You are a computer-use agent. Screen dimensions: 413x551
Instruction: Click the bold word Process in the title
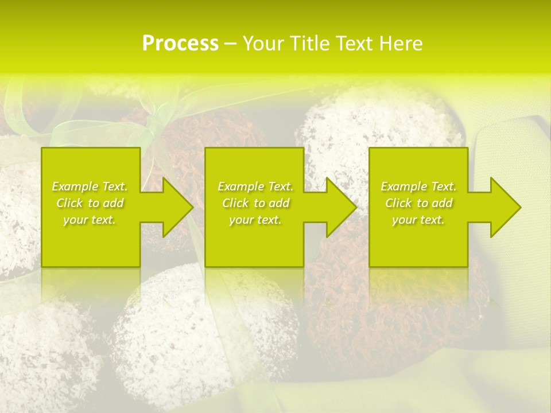pyautogui.click(x=180, y=44)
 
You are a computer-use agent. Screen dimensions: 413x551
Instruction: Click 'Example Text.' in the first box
pyautogui.click(x=90, y=186)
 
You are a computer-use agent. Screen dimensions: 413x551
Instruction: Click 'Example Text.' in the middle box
pyautogui.click(x=255, y=186)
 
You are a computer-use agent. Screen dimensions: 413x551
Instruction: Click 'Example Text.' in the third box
pyautogui.click(x=418, y=186)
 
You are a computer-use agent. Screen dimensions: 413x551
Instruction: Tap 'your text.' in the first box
pyautogui.click(x=90, y=220)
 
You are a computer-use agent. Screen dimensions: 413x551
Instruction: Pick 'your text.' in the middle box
pyautogui.click(x=255, y=220)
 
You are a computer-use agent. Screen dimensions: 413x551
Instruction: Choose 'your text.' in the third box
pyautogui.click(x=418, y=220)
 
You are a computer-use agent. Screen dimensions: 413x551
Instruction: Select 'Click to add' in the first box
pyautogui.click(x=90, y=203)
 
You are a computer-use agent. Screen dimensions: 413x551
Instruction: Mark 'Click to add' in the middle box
pyautogui.click(x=255, y=203)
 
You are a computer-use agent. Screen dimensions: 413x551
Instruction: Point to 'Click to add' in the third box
pyautogui.click(x=418, y=203)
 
